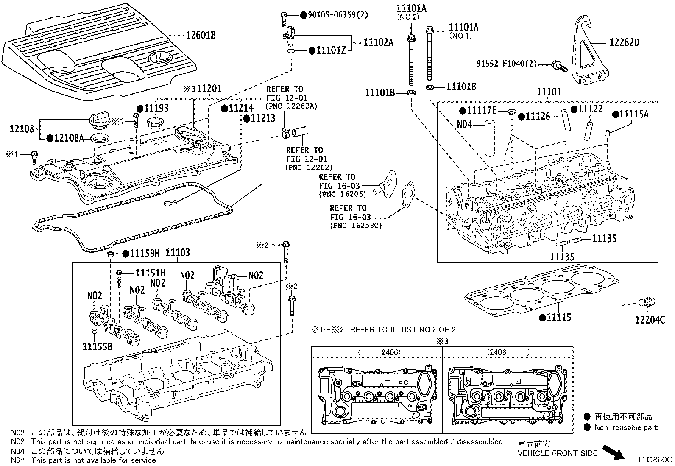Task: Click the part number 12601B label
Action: coord(201,35)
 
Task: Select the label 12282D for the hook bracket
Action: coord(624,42)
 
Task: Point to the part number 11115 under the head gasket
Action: coord(558,318)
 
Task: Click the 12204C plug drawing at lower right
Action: coord(647,302)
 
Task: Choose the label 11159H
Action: coord(144,254)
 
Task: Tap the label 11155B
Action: coord(98,346)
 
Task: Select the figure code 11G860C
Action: coord(655,459)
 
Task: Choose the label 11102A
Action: coord(379,42)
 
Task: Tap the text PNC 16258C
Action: coord(356,226)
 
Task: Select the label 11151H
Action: coord(150,273)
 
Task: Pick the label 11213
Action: coord(262,118)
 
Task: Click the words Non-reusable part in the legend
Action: coord(626,427)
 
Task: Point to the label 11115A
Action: coord(633,114)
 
